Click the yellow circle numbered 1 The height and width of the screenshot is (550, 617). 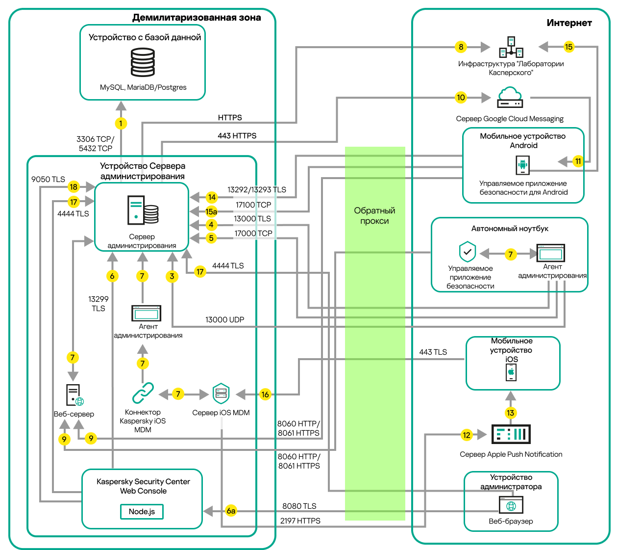121,123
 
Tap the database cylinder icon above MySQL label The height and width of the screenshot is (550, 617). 143,62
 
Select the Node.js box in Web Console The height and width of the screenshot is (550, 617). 142,511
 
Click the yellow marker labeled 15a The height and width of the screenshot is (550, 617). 211,211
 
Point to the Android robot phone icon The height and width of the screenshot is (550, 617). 523,165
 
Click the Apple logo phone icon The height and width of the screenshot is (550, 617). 511,372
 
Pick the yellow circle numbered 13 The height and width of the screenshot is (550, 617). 511,413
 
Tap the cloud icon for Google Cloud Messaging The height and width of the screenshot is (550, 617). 510,97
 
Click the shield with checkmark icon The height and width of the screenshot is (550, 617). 468,252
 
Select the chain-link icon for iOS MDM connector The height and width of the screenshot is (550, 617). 143,393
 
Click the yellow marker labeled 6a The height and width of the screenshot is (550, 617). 231,511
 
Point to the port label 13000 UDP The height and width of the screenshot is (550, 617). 224,320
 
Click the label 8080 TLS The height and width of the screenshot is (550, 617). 299,506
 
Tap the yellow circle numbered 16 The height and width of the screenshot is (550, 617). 265,394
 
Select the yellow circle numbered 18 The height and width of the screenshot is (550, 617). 74,186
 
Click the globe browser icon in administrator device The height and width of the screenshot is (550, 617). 511,505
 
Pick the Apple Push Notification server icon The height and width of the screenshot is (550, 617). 511,434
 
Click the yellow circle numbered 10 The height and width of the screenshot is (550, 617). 461,97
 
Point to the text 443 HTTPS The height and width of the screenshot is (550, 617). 237,135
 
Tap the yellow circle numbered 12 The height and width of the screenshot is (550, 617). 467,435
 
